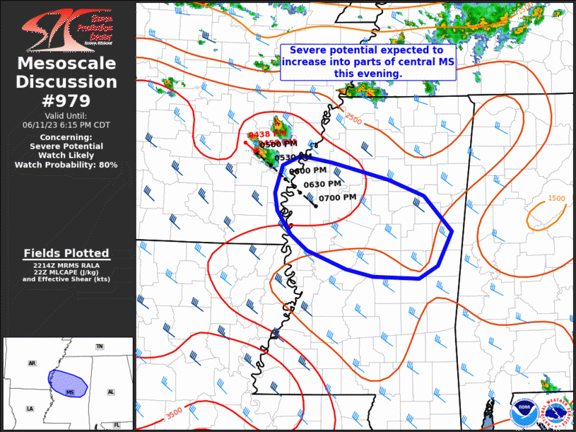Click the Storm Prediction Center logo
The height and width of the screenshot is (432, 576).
tap(67, 28)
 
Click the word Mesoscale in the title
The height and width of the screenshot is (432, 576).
tap(67, 64)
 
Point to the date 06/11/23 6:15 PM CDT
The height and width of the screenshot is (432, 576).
tap(66, 124)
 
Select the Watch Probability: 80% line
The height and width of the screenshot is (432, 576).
tap(66, 165)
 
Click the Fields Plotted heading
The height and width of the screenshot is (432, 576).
tap(66, 253)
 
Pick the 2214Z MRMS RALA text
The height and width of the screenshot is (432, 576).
tap(66, 264)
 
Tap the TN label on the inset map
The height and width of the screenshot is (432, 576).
tap(100, 346)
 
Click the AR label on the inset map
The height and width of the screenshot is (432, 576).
tap(32, 363)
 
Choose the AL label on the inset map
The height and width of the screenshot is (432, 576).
tap(111, 391)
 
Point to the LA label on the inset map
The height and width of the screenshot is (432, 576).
tap(30, 409)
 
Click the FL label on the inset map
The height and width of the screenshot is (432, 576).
tap(117, 425)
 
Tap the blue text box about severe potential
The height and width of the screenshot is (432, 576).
tap(367, 62)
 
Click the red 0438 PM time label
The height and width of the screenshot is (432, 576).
tap(266, 134)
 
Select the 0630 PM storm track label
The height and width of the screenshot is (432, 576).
tap(322, 184)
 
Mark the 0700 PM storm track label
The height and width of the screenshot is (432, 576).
tap(337, 198)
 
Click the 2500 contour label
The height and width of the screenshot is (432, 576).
tap(353, 118)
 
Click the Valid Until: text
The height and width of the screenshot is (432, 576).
tap(66, 115)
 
